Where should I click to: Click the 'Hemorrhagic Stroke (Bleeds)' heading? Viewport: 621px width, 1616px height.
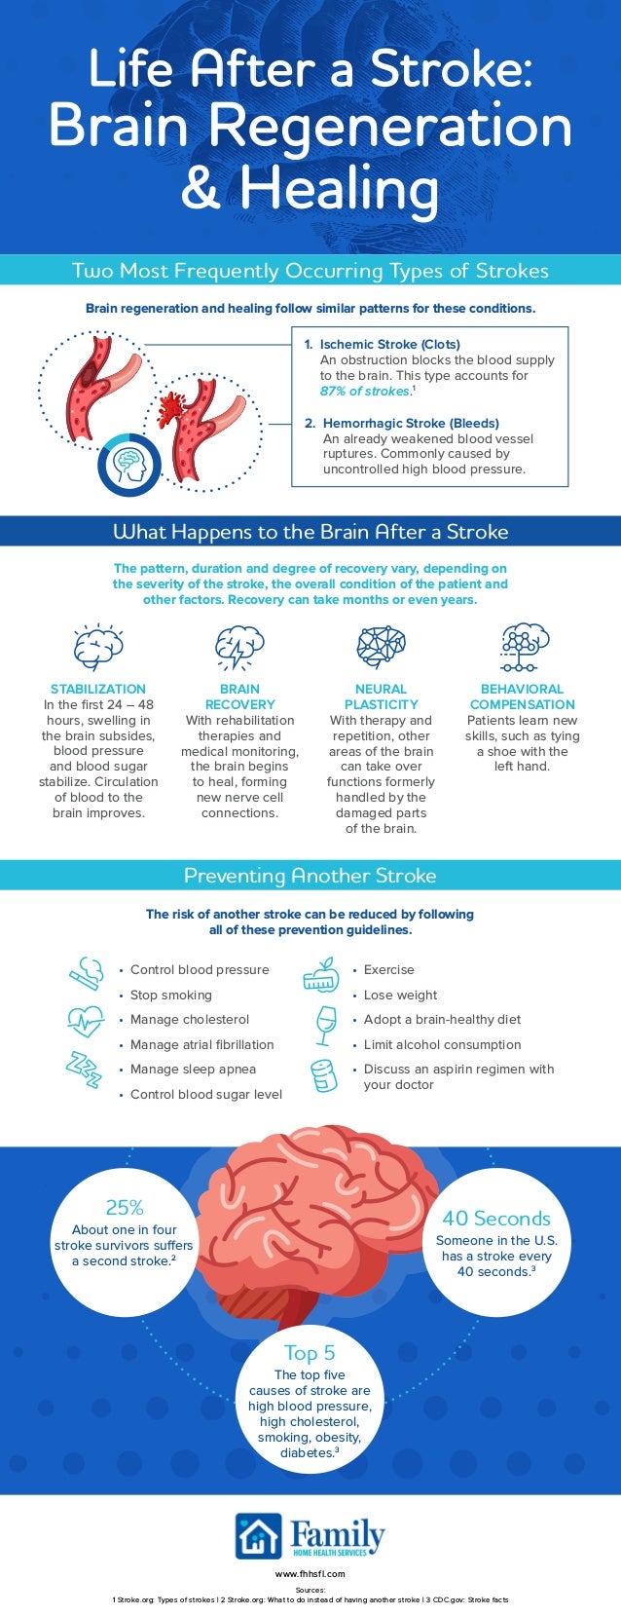tap(411, 424)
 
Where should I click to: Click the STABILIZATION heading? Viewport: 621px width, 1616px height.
tap(97, 689)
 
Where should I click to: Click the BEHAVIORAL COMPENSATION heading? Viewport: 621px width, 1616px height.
tap(522, 696)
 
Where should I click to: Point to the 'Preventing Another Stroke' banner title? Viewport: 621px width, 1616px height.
tap(310, 876)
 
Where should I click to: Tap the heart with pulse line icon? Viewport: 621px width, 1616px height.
tap(86, 1023)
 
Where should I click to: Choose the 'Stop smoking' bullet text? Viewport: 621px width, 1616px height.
tap(171, 995)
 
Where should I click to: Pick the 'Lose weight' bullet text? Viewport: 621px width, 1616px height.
tap(400, 995)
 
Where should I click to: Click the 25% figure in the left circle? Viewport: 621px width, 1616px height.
tap(124, 1208)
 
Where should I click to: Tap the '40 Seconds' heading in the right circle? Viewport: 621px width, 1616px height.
tap(496, 1219)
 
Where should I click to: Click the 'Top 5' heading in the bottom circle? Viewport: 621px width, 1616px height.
tap(310, 1352)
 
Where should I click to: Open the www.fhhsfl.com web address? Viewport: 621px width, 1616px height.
tap(310, 1573)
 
